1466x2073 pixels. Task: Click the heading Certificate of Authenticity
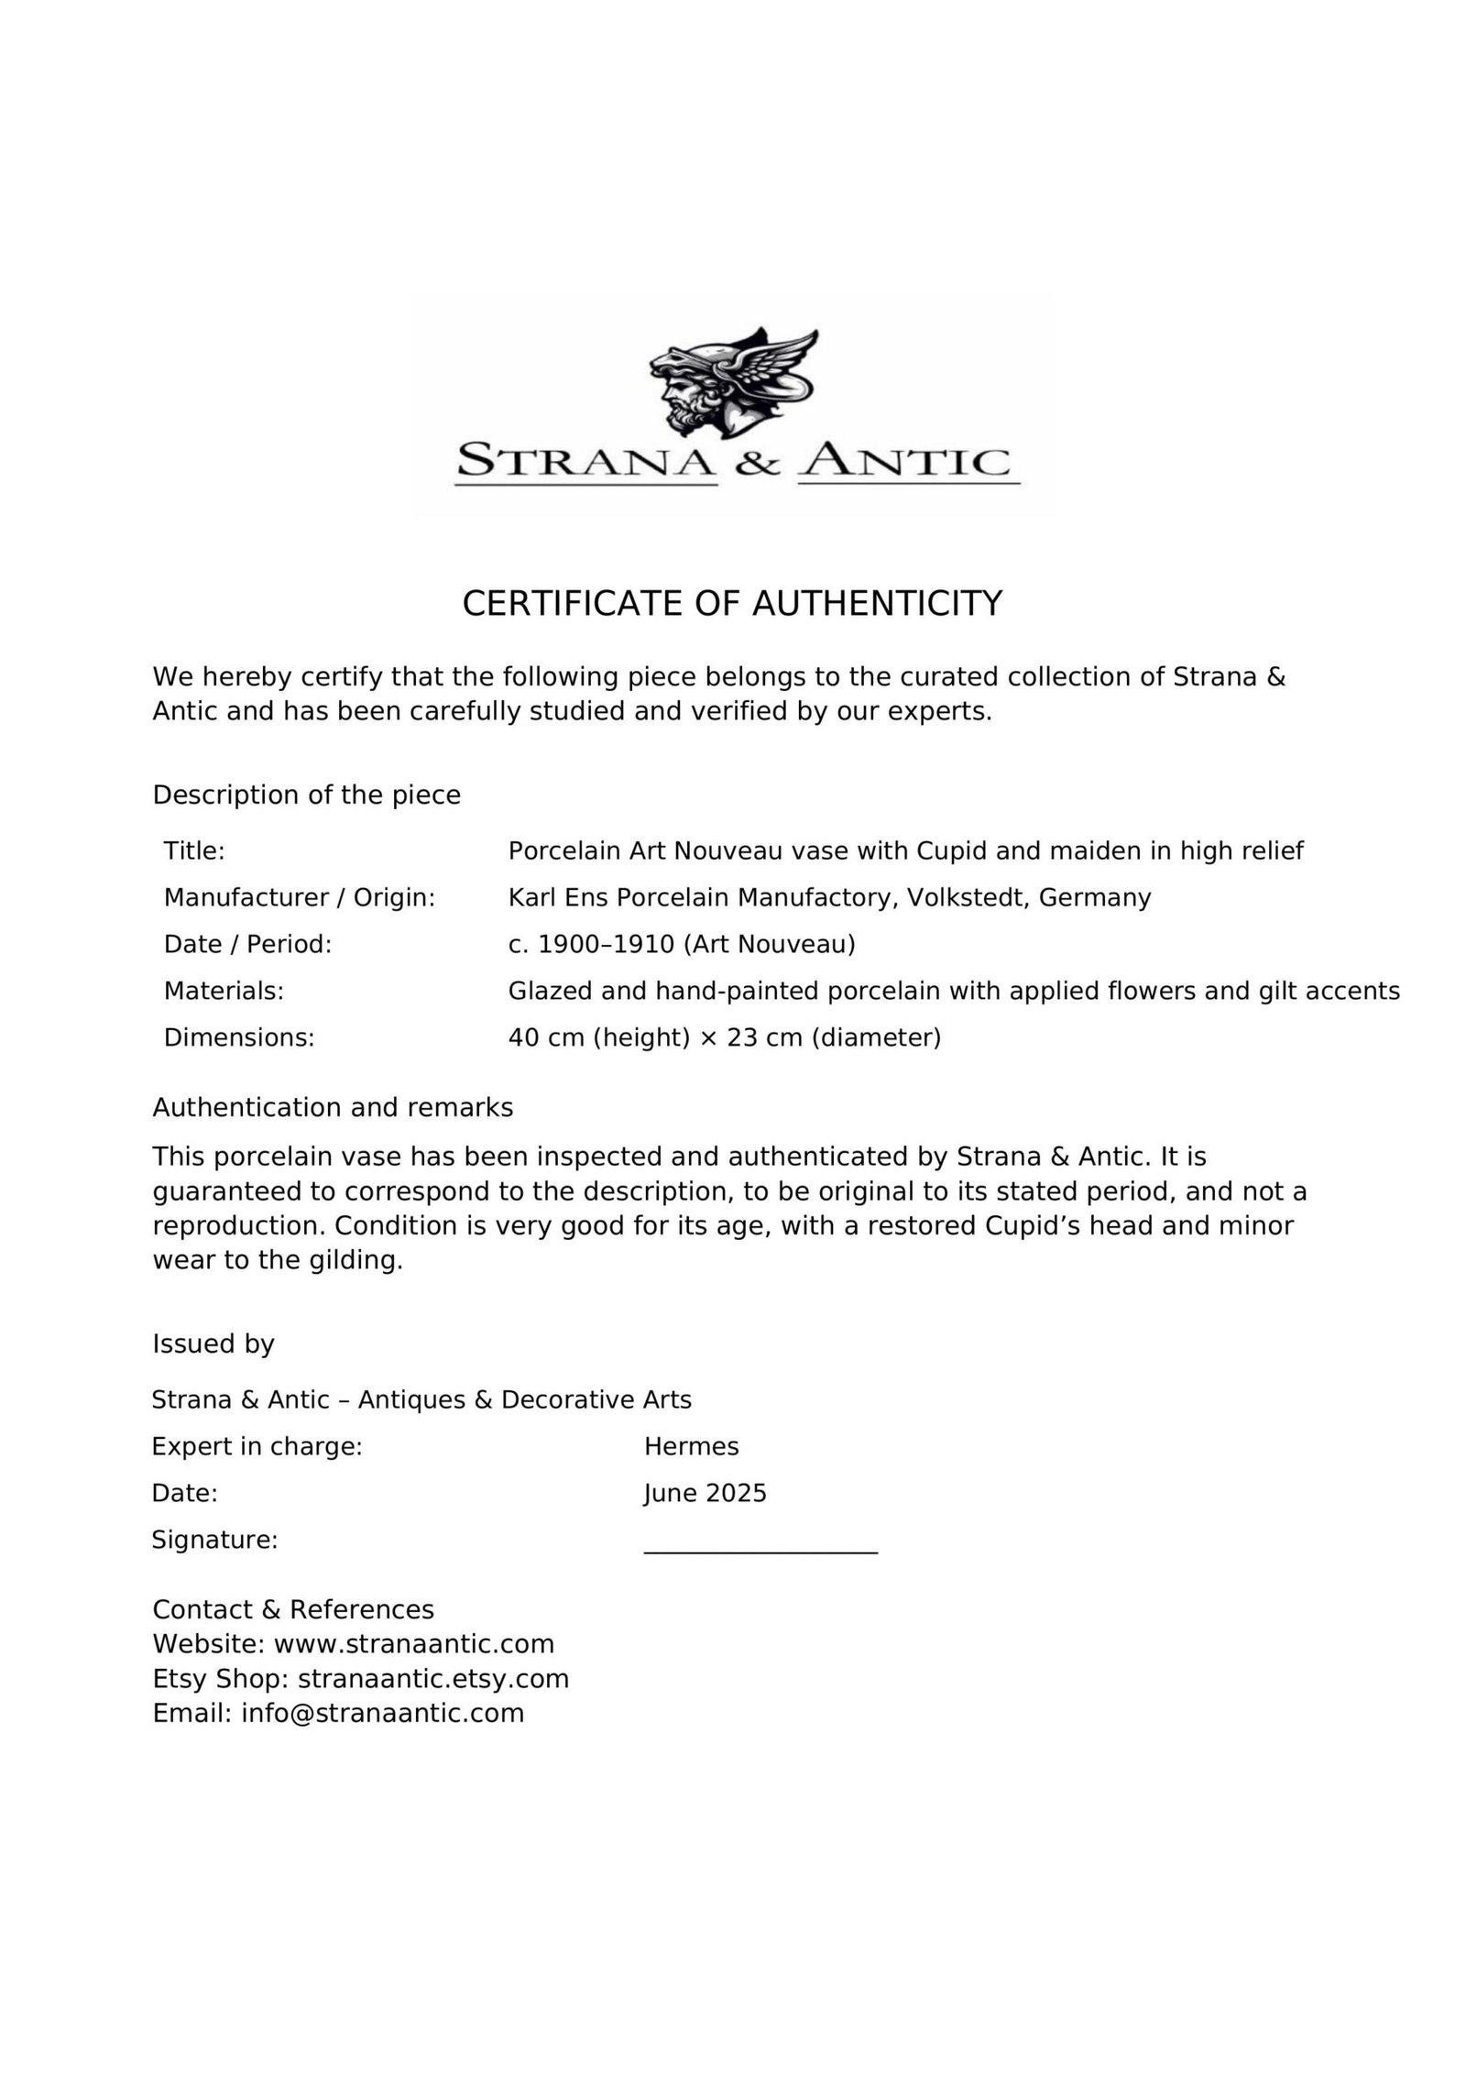tap(732, 604)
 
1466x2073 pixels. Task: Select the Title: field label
tap(194, 851)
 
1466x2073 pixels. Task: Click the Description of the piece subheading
tap(306, 795)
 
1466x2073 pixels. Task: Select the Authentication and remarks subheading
tap(333, 1108)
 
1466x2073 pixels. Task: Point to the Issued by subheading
tap(213, 1344)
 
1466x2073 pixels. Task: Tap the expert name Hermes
tap(691, 1446)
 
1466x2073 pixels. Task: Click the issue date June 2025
tap(705, 1493)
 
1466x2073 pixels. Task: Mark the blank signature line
tap(760, 1551)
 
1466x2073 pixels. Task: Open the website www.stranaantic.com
tap(414, 1643)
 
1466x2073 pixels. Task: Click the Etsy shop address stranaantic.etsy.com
tap(433, 1678)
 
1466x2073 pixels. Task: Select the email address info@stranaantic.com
tap(383, 1713)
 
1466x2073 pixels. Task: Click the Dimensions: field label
tap(239, 1037)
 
